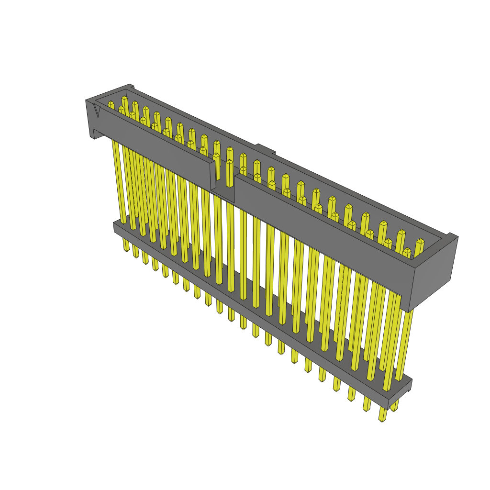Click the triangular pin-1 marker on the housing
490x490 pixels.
tap(97, 111)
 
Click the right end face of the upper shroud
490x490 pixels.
tap(433, 272)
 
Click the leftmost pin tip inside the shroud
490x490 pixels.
tap(111, 104)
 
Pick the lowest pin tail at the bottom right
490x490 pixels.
tap(382, 415)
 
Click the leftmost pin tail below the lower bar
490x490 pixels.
tap(126, 245)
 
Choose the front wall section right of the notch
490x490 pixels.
tap(325, 225)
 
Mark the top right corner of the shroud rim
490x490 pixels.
tap(453, 235)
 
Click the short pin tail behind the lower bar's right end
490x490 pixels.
tap(395, 406)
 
